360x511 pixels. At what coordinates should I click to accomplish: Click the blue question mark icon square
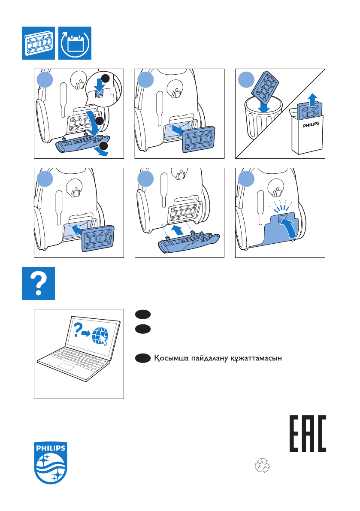[x=39, y=283]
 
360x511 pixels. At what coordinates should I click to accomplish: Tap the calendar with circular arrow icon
[x=75, y=43]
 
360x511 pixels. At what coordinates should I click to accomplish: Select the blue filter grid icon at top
[x=39, y=43]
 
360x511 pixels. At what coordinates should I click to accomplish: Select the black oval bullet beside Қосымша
[x=142, y=358]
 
